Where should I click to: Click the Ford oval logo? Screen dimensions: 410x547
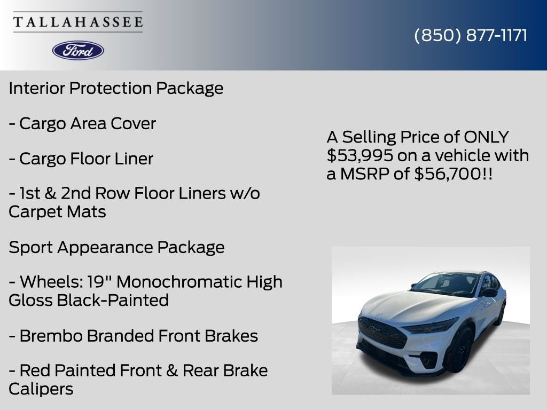[x=78, y=50]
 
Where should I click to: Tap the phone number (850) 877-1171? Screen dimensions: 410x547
[x=471, y=35]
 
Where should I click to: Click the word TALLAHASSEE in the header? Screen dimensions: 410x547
[x=78, y=22]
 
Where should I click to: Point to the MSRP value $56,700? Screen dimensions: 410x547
[x=447, y=174]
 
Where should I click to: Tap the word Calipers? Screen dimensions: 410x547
[x=41, y=389]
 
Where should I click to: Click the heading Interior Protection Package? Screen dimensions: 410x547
[x=116, y=88]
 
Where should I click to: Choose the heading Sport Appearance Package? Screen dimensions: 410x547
[x=116, y=247]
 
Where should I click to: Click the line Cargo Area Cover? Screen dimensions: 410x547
[x=82, y=123]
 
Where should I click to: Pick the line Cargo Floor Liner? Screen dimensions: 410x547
[x=81, y=159]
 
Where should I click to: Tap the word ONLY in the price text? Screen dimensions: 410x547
[x=486, y=137]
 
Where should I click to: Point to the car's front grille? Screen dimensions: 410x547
[x=382, y=332]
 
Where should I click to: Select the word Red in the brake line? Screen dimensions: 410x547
[x=34, y=370]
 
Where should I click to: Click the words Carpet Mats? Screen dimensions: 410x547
[x=57, y=211]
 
